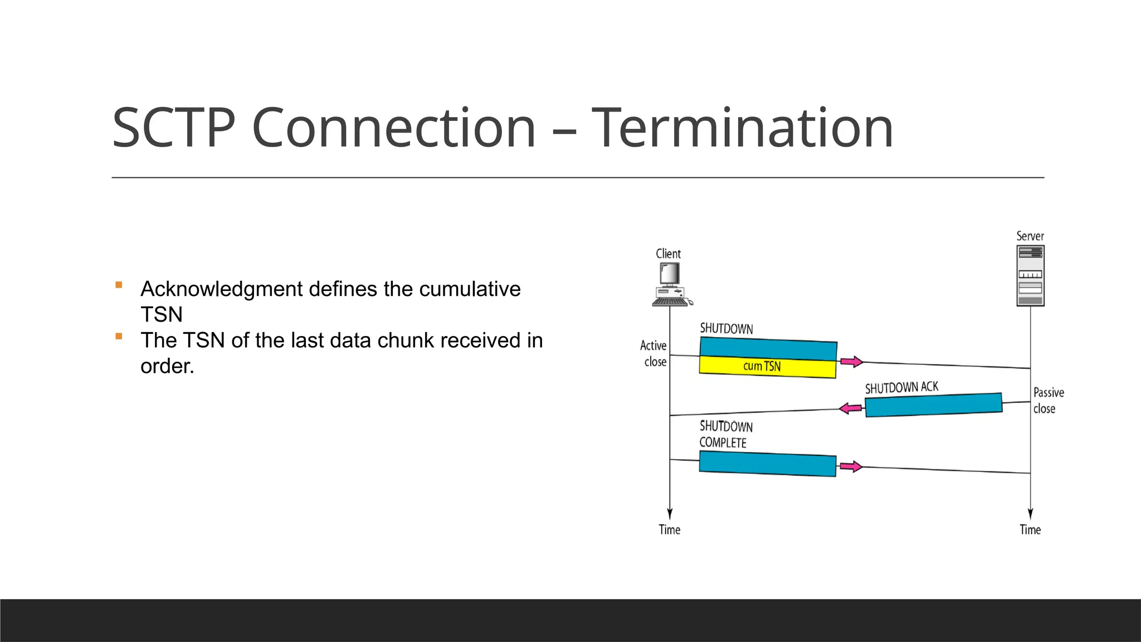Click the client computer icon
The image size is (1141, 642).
671,285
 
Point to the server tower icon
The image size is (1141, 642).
1030,276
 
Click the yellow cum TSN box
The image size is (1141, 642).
767,367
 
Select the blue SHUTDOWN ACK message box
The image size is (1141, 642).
933,405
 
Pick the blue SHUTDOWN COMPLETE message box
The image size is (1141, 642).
767,464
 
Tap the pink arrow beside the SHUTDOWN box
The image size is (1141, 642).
851,362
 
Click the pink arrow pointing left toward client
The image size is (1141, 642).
851,408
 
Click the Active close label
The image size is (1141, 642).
654,353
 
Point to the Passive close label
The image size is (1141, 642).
1048,400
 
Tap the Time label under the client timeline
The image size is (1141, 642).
669,529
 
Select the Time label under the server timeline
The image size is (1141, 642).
1030,529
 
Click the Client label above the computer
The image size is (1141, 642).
668,254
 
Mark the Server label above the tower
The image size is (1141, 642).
1030,236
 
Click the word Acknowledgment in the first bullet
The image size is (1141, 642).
222,289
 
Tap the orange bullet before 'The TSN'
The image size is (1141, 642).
119,336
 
